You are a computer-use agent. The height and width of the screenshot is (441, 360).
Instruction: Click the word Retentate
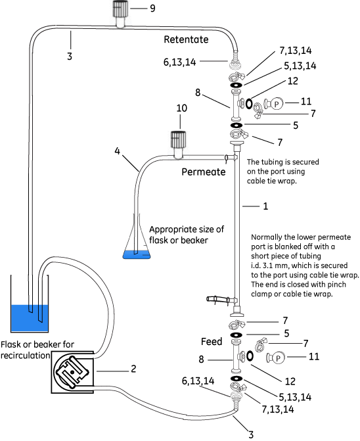186,39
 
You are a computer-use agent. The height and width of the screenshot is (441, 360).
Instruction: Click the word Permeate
204,172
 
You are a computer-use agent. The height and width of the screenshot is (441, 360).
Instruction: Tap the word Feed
212,342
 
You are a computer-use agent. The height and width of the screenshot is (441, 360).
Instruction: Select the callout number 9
152,9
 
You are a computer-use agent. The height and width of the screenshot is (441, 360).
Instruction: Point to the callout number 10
182,108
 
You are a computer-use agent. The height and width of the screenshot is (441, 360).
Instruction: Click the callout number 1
265,206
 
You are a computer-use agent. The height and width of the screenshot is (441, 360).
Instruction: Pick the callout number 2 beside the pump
133,369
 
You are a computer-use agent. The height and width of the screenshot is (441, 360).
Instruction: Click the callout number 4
117,151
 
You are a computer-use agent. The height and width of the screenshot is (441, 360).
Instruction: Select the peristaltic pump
72,372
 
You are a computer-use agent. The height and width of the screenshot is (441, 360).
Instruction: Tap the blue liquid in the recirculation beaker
30,318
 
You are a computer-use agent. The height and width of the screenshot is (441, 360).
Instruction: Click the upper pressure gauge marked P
274,104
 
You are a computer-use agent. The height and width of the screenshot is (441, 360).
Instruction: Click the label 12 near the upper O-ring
292,81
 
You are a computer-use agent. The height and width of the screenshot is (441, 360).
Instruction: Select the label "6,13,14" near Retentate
179,62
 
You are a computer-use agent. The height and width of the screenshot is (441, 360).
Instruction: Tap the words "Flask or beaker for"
37,344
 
